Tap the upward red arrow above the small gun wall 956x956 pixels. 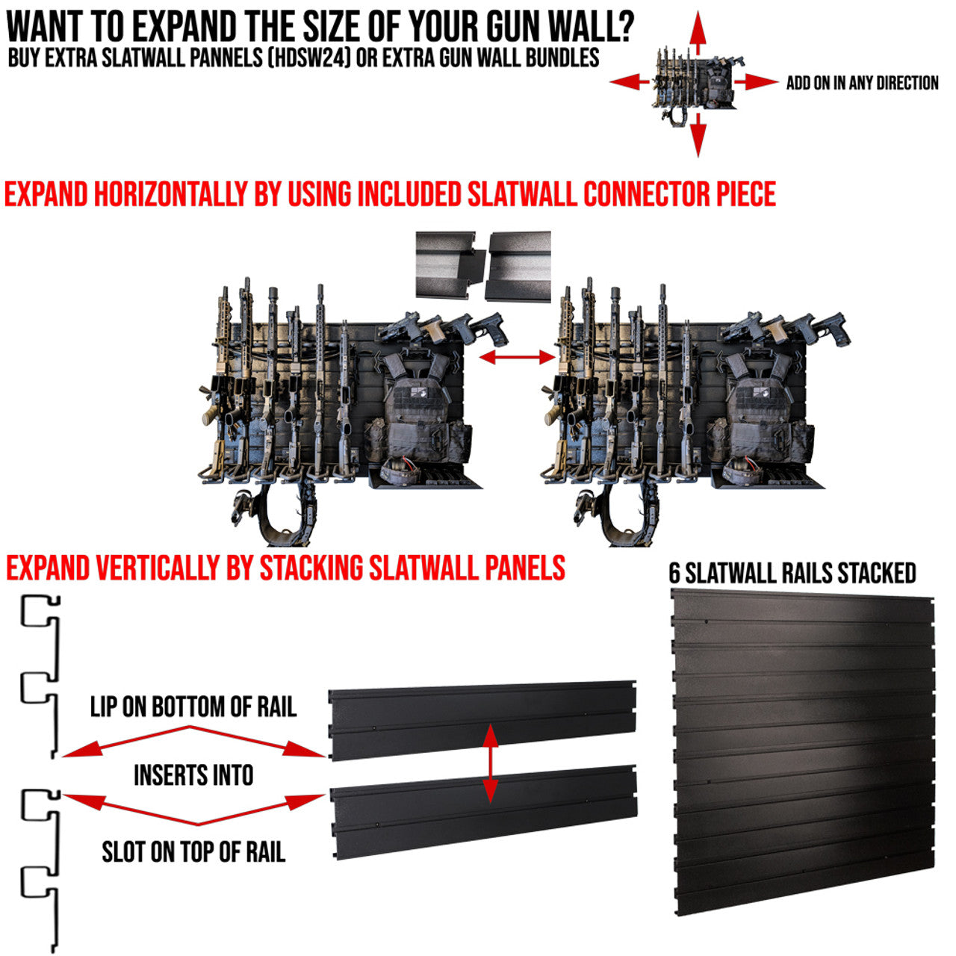point(698,31)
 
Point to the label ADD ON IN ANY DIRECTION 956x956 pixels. point(862,83)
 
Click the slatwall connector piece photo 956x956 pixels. point(483,266)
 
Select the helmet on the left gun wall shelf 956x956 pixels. point(397,472)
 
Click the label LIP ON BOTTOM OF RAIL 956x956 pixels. point(193,707)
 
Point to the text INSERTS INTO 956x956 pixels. point(193,775)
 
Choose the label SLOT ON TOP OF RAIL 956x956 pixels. point(193,851)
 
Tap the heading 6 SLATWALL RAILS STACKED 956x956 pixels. point(792,573)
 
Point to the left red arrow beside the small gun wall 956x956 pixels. point(630,82)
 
